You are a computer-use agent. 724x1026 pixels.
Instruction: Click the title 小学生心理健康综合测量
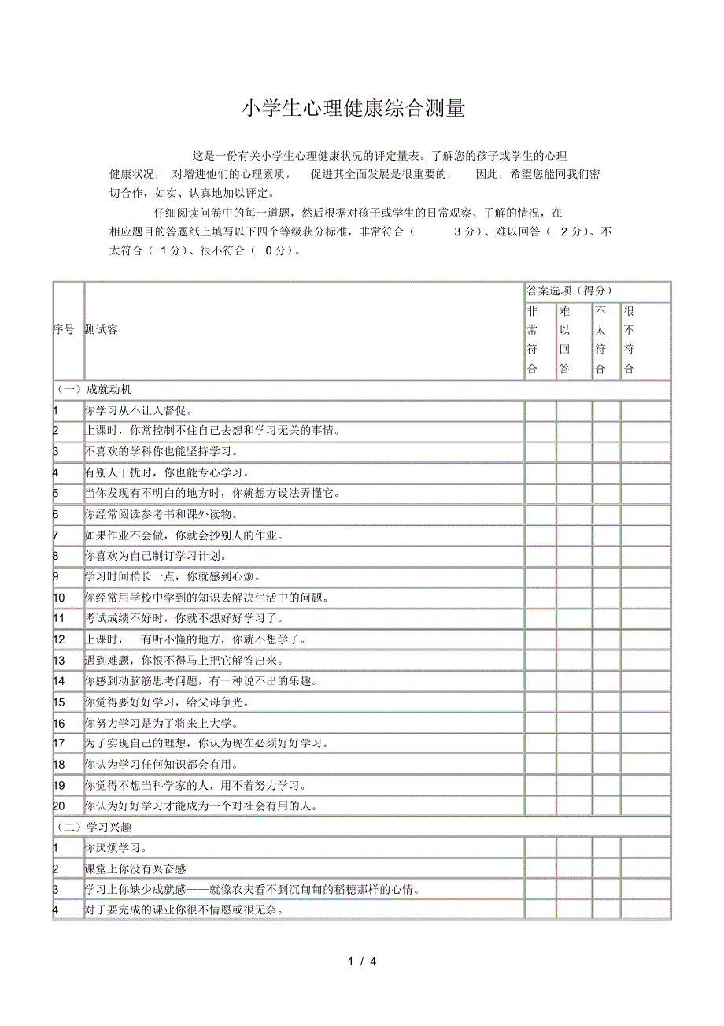[353, 109]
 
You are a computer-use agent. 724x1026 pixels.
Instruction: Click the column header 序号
[64, 329]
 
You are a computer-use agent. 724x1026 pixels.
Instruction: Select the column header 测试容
[102, 329]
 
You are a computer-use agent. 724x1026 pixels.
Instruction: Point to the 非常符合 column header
[533, 340]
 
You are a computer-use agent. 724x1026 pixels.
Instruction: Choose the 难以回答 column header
[565, 340]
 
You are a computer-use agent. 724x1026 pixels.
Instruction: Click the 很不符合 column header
[629, 340]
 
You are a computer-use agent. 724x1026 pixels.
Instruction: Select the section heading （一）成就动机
[94, 390]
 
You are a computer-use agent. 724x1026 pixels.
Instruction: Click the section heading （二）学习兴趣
[94, 827]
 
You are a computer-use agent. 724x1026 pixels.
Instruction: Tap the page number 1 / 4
[362, 961]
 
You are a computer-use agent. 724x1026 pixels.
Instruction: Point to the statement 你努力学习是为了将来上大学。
[162, 723]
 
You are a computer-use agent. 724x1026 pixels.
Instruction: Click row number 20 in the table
[60, 806]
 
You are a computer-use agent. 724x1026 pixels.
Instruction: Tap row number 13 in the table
[60, 660]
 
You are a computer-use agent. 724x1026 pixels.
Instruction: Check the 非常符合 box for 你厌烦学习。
[540, 848]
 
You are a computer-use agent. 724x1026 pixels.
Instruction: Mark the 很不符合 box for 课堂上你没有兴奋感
[645, 869]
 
